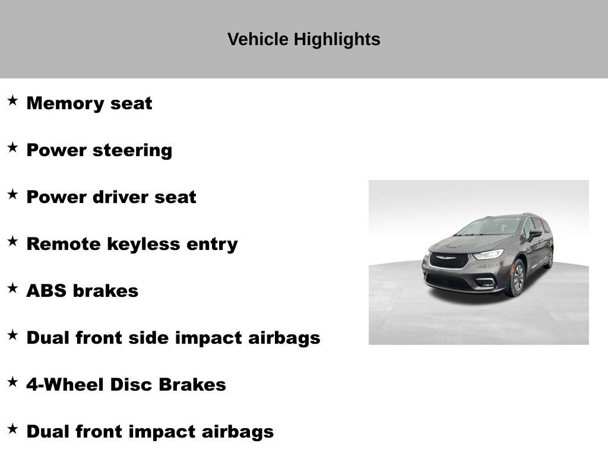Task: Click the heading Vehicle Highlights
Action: tap(303, 40)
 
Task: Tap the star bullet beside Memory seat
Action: tap(12, 100)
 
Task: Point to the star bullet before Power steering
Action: tap(12, 147)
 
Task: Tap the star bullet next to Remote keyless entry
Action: tap(12, 241)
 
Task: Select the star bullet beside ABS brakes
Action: tap(12, 288)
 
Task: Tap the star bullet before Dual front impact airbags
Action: tap(12, 429)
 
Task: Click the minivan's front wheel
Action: tap(517, 277)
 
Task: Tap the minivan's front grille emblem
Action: tap(449, 257)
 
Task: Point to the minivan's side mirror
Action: tap(535, 235)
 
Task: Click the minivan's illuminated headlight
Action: tap(489, 255)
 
